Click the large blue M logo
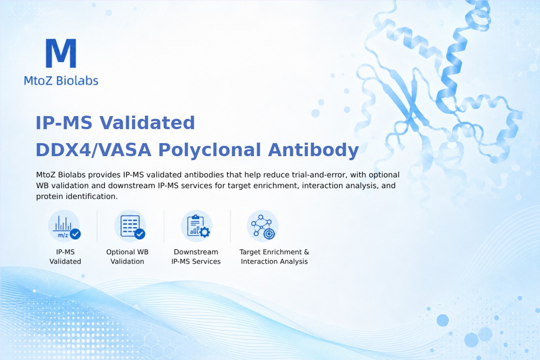click(61, 53)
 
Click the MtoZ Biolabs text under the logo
click(61, 81)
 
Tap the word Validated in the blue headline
click(147, 122)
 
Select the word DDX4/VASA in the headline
click(94, 150)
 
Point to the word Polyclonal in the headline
click(210, 150)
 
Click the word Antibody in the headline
click(313, 150)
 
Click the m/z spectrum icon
click(64, 226)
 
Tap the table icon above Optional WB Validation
click(130, 226)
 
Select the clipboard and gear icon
click(197, 226)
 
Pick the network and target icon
click(262, 226)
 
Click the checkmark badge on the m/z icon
click(75, 234)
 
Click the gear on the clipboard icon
click(205, 232)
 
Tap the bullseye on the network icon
click(269, 234)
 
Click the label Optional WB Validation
click(127, 256)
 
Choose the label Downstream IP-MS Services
click(196, 256)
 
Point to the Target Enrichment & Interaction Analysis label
click(274, 256)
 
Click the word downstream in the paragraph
click(131, 185)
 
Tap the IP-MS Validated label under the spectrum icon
click(65, 256)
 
